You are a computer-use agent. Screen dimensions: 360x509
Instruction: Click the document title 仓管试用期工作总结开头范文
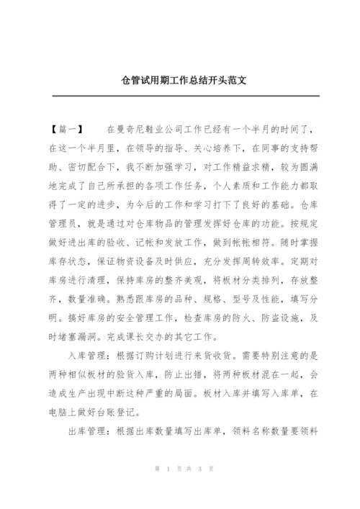click(180, 81)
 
